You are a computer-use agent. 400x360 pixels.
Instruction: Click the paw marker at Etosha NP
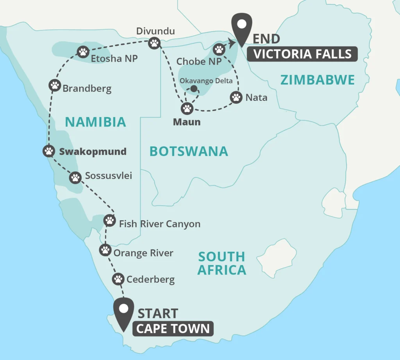[x=83, y=52]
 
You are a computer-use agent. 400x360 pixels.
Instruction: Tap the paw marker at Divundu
[x=155, y=43]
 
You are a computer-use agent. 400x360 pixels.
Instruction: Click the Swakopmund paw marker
[x=48, y=151]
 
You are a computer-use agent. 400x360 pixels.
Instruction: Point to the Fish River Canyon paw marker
[x=110, y=221]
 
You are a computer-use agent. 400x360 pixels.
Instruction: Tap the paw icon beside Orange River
[x=105, y=250]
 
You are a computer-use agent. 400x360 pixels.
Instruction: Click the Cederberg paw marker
[x=118, y=279]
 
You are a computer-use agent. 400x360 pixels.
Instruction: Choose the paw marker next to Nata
[x=236, y=97]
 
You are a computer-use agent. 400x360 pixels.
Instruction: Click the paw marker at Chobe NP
[x=219, y=50]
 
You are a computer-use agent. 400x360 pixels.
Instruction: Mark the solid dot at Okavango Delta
[x=193, y=89]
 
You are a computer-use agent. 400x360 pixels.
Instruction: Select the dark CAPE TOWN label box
[x=173, y=329]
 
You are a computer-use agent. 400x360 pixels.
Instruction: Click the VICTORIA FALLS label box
[x=303, y=54]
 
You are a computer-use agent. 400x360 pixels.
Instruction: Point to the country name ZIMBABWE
[x=318, y=80]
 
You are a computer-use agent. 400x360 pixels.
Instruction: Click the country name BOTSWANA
[x=189, y=151]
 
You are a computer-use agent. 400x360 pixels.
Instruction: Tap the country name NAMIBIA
[x=95, y=122]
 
